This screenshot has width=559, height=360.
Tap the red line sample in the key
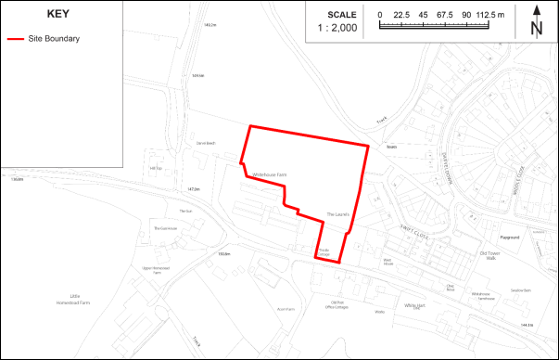(16, 40)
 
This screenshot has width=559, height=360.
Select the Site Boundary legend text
(53, 40)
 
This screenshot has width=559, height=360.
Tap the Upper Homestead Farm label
(158, 270)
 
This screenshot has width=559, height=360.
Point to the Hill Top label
(155, 168)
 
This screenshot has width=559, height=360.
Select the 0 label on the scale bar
(380, 15)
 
